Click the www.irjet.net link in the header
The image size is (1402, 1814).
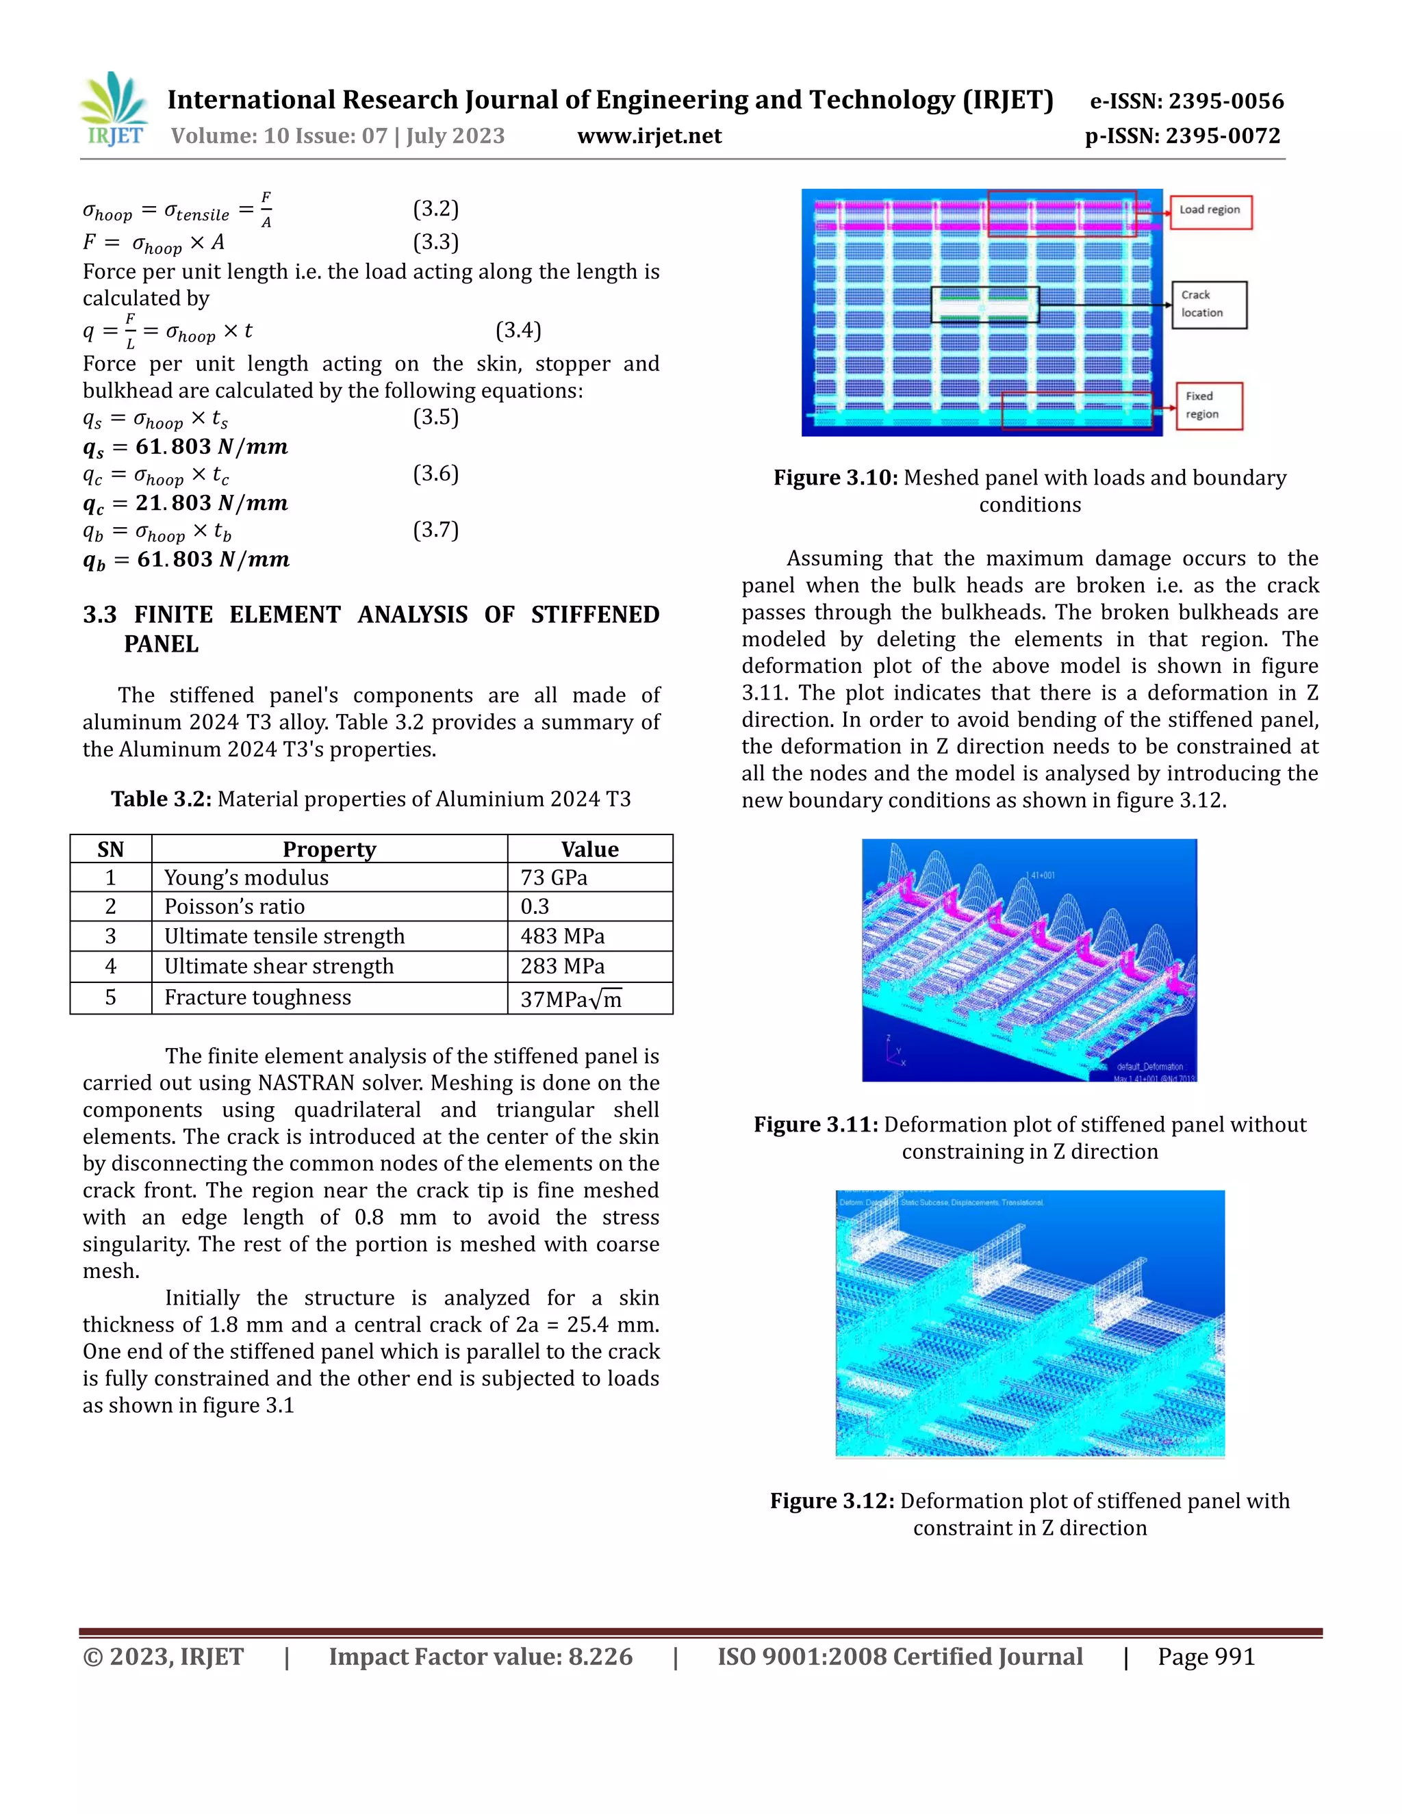point(649,136)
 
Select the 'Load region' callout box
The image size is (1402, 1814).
point(1210,211)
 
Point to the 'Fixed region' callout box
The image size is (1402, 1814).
point(1208,405)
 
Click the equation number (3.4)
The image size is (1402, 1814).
point(518,331)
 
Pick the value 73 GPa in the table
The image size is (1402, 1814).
point(554,878)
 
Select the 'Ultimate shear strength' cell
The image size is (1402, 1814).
point(279,967)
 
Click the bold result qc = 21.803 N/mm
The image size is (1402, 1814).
point(186,503)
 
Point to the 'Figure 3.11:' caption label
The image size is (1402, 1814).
point(815,1125)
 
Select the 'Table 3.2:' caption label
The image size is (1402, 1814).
point(161,800)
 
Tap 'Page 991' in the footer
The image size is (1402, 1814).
point(1206,1657)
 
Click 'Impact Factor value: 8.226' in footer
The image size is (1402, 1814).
point(480,1657)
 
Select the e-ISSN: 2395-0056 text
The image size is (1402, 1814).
point(1186,101)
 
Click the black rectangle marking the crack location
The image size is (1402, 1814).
point(984,305)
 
